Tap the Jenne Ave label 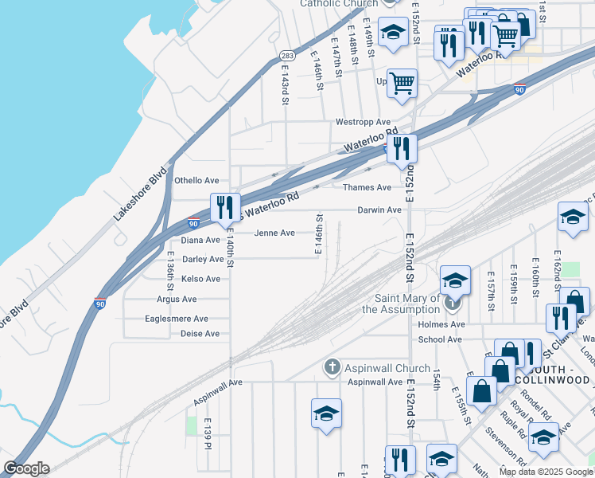[x=274, y=233]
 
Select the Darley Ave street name [x=202, y=259]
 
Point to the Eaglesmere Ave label [x=176, y=319]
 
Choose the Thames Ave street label [x=367, y=188]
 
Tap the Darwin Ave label [x=379, y=210]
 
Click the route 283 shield [x=288, y=55]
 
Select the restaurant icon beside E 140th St [x=224, y=207]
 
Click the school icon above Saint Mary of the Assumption [x=454, y=280]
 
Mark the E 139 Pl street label [x=207, y=431]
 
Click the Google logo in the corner [x=25, y=468]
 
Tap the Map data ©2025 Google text [x=546, y=472]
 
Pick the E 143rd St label [x=284, y=84]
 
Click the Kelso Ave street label [x=200, y=279]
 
